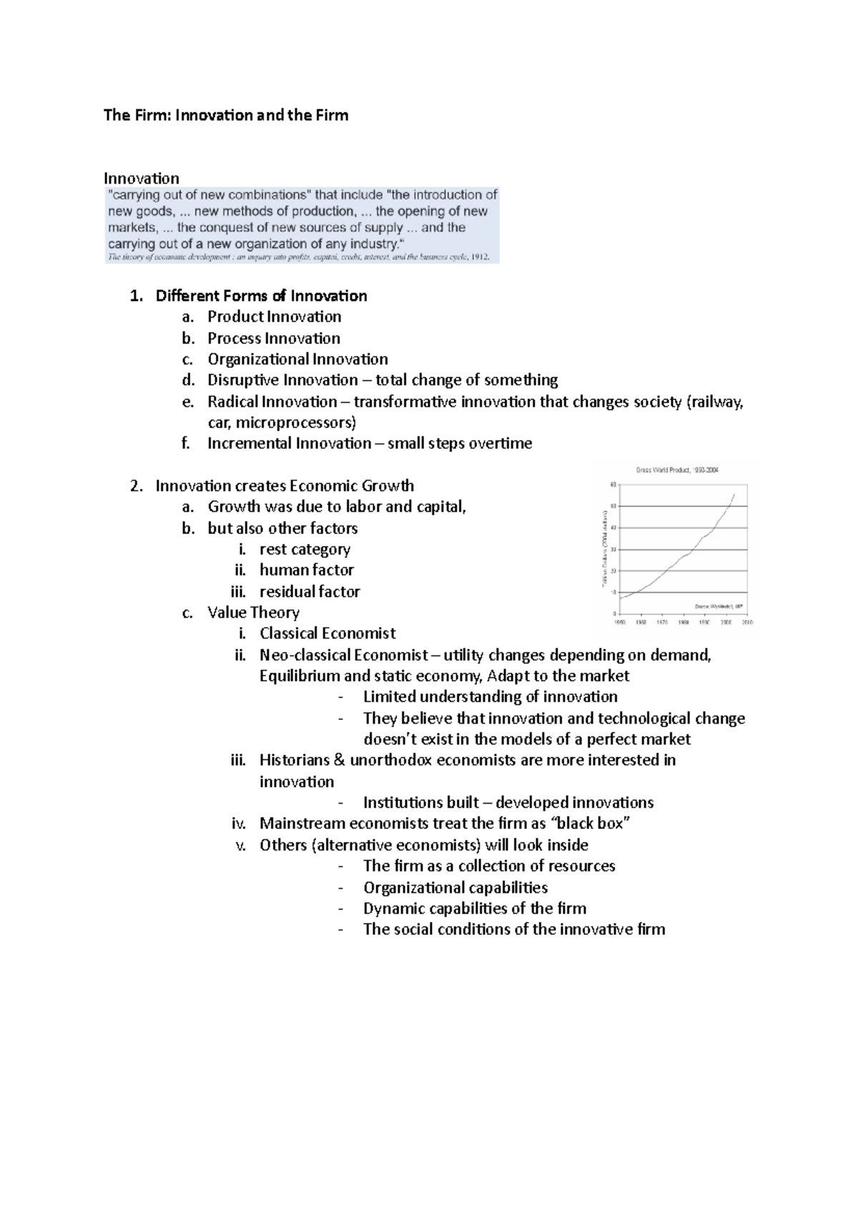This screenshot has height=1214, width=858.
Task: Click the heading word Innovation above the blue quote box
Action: click(142, 178)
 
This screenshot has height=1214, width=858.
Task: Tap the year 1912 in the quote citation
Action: click(478, 257)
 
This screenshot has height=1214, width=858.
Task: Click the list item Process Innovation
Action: click(274, 338)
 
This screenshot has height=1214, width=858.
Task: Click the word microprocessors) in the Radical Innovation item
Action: click(296, 422)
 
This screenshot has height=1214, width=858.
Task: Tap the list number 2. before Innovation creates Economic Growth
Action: click(137, 486)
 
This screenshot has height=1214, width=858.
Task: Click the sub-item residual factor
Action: click(310, 591)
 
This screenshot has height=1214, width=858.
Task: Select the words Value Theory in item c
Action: click(253, 613)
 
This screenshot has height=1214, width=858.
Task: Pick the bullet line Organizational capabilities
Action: click(455, 888)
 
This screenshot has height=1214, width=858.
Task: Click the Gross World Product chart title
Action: click(676, 470)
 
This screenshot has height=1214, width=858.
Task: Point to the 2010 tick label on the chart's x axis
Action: click(746, 623)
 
